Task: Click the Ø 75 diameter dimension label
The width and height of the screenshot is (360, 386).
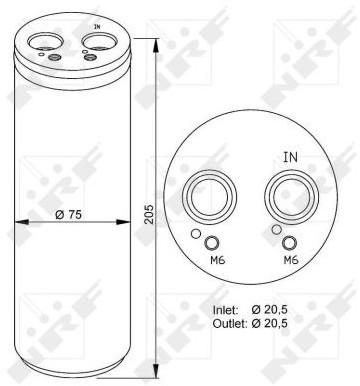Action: tap(68, 215)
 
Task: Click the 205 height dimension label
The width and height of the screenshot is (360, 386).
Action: tap(150, 214)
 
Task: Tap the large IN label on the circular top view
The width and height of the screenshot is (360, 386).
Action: tap(291, 157)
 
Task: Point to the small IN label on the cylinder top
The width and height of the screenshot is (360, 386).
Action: tap(97, 26)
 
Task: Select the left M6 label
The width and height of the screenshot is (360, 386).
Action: tap(218, 260)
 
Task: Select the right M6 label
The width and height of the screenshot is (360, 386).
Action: tap(291, 260)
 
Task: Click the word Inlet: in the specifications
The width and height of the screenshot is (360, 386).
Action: tap(226, 310)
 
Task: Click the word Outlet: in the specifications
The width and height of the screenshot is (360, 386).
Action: tap(229, 323)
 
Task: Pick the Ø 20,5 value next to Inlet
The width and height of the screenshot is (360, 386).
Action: tap(270, 310)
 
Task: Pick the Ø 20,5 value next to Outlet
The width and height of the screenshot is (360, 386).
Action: tap(270, 323)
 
